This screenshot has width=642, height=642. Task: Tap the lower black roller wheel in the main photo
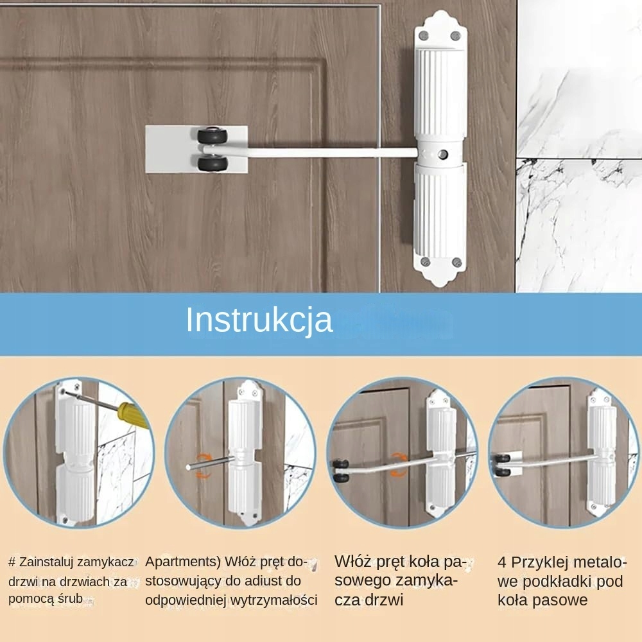[x=212, y=164]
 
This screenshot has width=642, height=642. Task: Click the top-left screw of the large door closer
[x=424, y=35]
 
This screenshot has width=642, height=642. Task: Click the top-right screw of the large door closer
[x=455, y=36]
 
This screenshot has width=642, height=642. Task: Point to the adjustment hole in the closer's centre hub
[x=442, y=154]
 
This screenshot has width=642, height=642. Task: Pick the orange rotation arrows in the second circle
[x=202, y=466]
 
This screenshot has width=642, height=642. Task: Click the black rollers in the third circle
[x=341, y=471]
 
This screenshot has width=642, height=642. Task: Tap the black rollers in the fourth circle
[x=503, y=465]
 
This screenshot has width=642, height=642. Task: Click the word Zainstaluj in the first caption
[x=49, y=562]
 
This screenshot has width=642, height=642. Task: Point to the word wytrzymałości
[x=274, y=600]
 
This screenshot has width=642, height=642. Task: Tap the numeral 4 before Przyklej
[x=502, y=562]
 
